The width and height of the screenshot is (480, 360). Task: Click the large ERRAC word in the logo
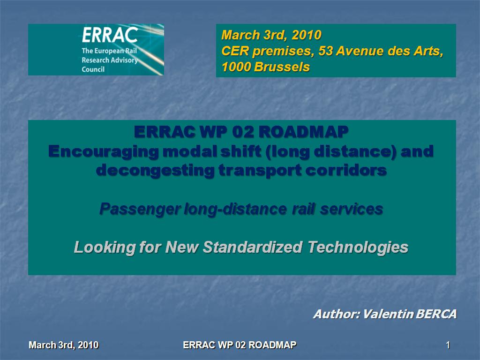coord(110,35)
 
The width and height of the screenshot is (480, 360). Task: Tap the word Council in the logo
coord(93,69)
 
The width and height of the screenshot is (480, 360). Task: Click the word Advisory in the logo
coord(122,60)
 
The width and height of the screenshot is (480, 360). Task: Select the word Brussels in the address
coord(282,67)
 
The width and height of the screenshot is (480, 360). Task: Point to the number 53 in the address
coord(325,51)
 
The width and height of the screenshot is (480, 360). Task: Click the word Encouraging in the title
coord(104,151)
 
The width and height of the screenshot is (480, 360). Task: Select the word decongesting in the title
coord(155,170)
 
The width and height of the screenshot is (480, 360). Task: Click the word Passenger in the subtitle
coord(140,210)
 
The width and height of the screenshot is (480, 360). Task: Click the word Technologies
coord(358,247)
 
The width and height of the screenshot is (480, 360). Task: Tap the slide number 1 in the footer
coord(448,345)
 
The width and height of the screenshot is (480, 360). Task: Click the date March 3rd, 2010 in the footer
coord(64,345)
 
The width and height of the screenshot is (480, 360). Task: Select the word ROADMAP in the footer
coord(272,345)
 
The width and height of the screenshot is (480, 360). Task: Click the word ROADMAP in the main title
coord(303,132)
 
